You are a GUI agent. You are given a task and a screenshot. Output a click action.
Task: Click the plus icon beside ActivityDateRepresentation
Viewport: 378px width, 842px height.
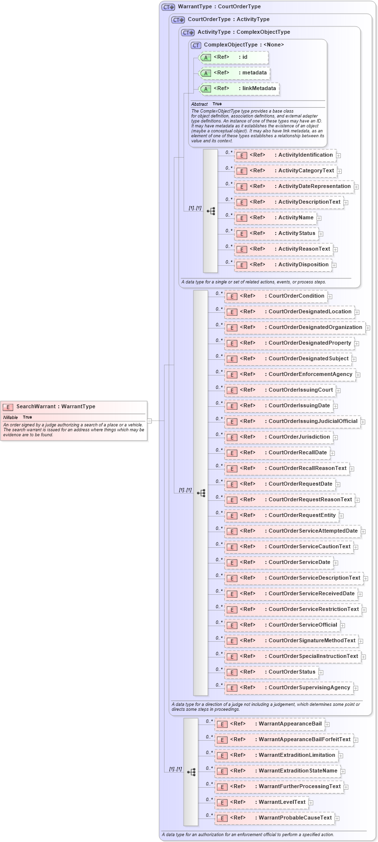[356, 187]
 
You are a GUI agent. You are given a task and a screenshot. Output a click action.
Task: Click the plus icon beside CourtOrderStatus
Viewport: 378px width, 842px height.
[321, 673]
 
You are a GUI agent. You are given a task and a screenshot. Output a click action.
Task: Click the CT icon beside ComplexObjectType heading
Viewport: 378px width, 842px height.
[196, 45]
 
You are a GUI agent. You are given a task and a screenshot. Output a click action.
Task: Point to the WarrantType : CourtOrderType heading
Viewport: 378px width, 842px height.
[219, 7]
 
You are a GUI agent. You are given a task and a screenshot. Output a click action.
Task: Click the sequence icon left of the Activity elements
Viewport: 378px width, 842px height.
[211, 211]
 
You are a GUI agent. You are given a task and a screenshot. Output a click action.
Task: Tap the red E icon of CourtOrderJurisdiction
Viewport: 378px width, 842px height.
[232, 438]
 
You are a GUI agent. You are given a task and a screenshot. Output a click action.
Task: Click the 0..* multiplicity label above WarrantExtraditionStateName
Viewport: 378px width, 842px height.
[209, 768]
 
